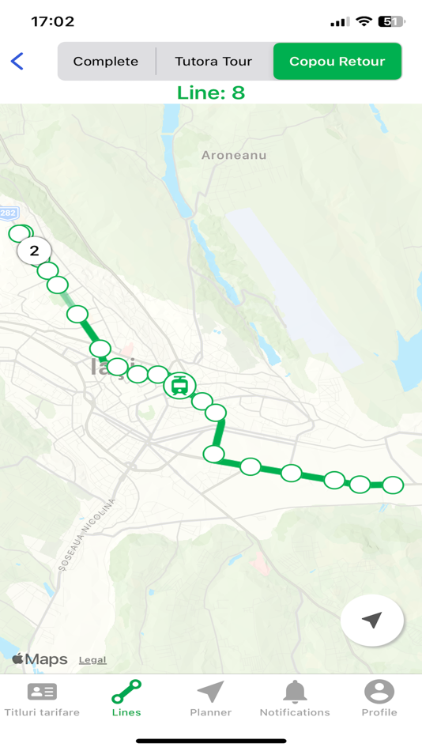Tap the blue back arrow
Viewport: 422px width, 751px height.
[17, 61]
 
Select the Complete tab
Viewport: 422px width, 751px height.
[106, 62]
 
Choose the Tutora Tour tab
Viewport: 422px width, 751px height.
[213, 62]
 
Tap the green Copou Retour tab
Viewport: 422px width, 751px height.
[337, 62]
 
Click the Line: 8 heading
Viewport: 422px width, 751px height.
[211, 92]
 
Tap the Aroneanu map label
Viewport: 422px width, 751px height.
[234, 155]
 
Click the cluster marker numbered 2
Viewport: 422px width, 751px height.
[34, 251]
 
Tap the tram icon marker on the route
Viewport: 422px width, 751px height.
[180, 386]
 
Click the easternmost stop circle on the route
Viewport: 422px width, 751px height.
[393, 485]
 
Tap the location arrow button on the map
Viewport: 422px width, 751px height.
[372, 621]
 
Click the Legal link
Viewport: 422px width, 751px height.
[92, 660]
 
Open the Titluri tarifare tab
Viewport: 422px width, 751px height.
[42, 699]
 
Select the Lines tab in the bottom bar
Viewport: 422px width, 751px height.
[126, 699]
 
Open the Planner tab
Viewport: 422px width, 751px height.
[211, 699]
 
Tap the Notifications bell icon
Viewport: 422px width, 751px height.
[295, 693]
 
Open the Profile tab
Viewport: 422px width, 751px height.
[379, 699]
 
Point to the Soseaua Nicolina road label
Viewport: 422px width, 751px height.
[87, 534]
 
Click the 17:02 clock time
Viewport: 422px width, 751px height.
[53, 22]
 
